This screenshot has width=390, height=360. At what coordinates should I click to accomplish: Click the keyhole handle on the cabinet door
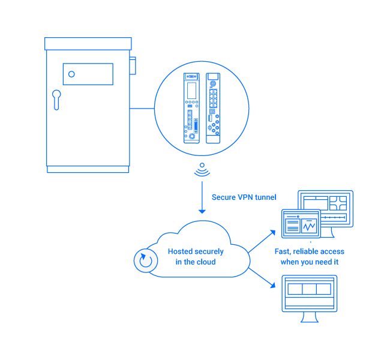coord(56,98)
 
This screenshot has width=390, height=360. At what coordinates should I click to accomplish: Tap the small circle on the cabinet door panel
coord(71,74)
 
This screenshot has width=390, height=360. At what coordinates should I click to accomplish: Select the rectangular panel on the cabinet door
coord(88,74)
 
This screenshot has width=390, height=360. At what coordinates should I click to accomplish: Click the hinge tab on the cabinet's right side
coord(133,65)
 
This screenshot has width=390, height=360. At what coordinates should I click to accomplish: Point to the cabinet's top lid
coord(88,44)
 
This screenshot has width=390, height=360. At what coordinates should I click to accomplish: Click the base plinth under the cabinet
coord(88,169)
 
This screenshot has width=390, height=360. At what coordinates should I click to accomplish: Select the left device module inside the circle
coord(192,108)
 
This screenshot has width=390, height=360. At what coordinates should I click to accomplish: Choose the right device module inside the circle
coord(213,108)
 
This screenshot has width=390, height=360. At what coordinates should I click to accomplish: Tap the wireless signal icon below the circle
coord(202,170)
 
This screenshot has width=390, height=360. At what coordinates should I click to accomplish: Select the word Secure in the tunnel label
coord(224,197)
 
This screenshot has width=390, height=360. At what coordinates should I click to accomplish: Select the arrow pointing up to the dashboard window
coord(263,240)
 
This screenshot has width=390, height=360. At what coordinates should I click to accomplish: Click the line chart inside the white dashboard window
coord(310,227)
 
